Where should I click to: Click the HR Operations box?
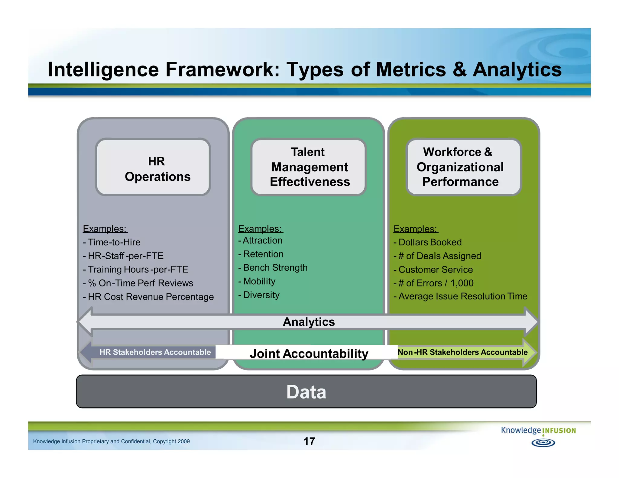(x=153, y=167)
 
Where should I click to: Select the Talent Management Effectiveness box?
(x=308, y=167)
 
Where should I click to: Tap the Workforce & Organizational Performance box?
(x=463, y=167)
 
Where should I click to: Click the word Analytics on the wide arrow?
(x=309, y=322)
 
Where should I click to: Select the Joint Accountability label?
(x=309, y=353)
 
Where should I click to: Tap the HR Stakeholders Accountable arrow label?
(x=155, y=352)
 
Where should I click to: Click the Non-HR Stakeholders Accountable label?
(x=462, y=352)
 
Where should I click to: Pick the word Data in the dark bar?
(x=306, y=392)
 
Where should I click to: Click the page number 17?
(x=309, y=441)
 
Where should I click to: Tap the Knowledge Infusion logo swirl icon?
(x=543, y=443)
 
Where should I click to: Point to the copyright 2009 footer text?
(x=111, y=441)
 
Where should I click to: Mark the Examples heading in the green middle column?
(x=260, y=229)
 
